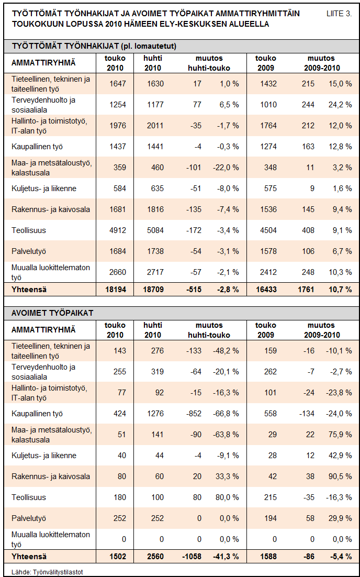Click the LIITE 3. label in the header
coord(339,14)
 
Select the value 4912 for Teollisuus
coord(118,230)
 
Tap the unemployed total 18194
coord(116,290)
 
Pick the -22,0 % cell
coord(226,168)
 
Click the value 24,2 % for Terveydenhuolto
coord(340,105)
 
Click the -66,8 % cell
coord(226,414)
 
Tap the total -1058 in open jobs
coord(192,557)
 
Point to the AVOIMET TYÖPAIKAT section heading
coord(52,313)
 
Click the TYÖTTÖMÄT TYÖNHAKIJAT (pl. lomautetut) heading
coord(94,46)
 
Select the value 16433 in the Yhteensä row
coord(266,290)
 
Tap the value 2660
coord(118,272)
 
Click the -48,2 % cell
coord(226,351)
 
